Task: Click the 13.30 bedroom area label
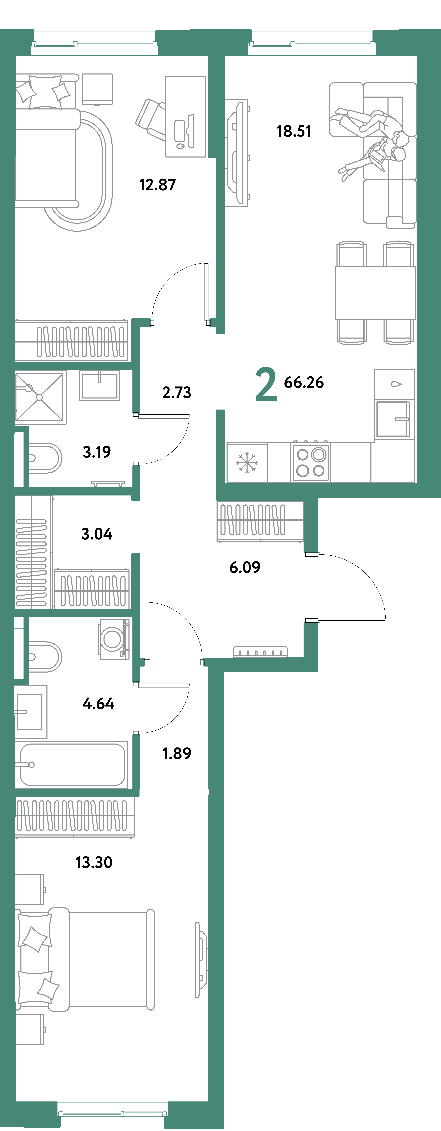coord(94,862)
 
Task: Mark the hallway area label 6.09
coord(245,567)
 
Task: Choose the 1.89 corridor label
coord(177,753)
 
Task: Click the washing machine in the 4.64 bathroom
coord(113,639)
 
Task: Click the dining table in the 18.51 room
coord(375,292)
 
